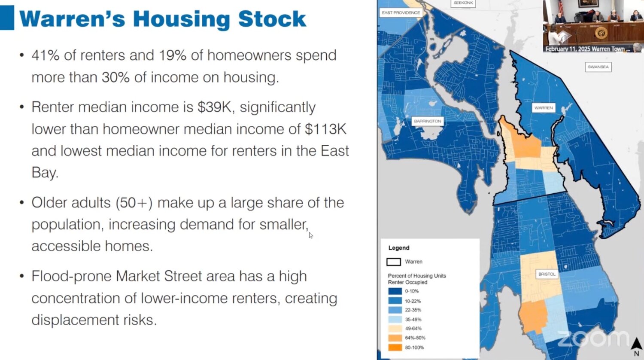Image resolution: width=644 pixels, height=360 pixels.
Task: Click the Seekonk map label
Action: point(463,3)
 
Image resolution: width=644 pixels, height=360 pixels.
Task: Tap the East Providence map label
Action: point(401,12)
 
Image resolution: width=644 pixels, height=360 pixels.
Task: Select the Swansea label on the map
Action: point(598,67)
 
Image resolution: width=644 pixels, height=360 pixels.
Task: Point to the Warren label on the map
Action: point(544,108)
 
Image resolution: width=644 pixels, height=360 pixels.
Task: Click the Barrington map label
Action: point(428,121)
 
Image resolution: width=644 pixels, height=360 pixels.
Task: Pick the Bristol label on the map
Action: point(547,274)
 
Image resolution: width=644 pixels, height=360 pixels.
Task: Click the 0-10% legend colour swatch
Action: point(395,291)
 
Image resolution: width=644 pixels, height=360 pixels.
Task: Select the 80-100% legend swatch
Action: point(395,348)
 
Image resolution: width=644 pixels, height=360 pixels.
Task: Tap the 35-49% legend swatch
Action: point(395,319)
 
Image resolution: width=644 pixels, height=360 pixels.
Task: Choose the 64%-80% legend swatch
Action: point(395,338)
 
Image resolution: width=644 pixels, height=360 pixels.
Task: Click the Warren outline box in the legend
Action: point(394,262)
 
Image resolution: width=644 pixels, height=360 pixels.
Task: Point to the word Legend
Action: point(399,248)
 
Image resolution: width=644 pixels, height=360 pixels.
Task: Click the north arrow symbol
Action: point(637,344)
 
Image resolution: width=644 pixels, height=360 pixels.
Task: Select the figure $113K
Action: point(326,129)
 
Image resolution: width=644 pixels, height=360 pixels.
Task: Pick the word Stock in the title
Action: point(272,19)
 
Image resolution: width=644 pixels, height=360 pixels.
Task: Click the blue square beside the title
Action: point(7,18)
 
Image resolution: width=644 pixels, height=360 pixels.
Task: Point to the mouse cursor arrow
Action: point(311,235)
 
